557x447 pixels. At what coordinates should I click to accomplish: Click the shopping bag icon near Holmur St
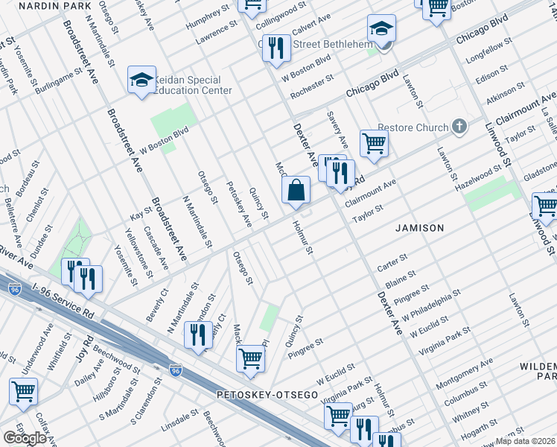tap(296, 190)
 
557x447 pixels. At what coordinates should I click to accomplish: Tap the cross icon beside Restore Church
tap(459, 127)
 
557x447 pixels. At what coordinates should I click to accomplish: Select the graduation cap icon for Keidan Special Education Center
tap(141, 80)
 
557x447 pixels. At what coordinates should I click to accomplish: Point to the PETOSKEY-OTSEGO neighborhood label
tap(267, 393)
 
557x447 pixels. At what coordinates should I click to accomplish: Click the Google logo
tap(25, 438)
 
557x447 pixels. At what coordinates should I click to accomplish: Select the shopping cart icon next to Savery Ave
tap(374, 142)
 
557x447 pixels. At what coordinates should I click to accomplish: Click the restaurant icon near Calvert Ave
tap(277, 47)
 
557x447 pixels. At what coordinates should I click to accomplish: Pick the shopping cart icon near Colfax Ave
tap(23, 390)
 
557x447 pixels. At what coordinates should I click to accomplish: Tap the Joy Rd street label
tap(83, 348)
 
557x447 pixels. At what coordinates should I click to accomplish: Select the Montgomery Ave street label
tap(465, 372)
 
